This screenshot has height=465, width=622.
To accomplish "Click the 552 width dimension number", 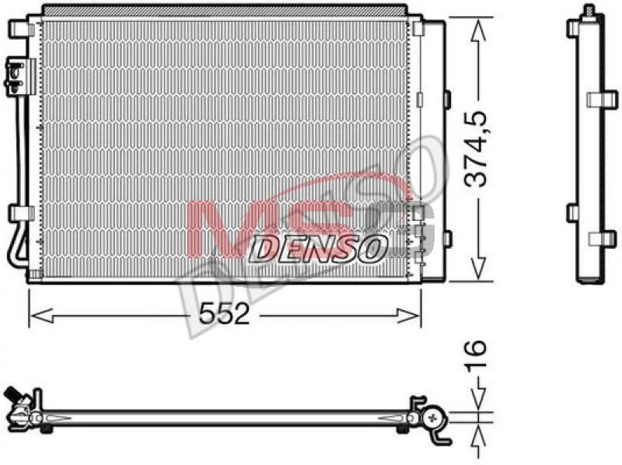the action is pos(224,314).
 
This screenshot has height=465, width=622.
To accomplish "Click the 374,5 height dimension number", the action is pos(475,149).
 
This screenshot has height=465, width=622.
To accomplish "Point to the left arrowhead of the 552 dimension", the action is pos(42,316).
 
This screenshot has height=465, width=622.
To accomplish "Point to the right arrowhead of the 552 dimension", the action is pos(409,316).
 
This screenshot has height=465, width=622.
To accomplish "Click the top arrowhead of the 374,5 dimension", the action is pos(478,31).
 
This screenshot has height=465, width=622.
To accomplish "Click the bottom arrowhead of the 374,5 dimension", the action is pos(478,267).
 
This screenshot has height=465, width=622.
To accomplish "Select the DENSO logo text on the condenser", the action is pos(317,250).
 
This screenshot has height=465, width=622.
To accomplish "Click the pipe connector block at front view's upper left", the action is pos(20,77).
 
